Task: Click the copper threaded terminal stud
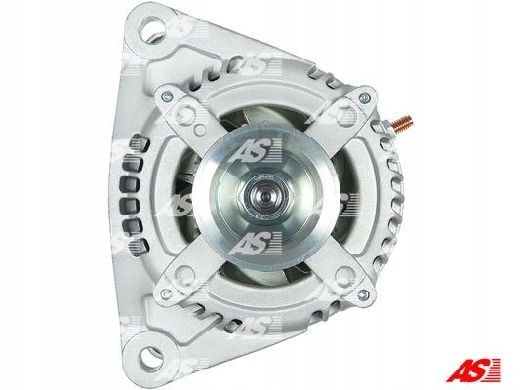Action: click(x=402, y=123)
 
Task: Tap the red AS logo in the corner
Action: click(x=473, y=370)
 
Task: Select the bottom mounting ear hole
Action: click(x=152, y=358)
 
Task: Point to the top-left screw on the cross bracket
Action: click(x=167, y=97)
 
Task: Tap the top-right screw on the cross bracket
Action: click(x=365, y=97)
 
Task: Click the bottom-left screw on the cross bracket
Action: click(x=166, y=293)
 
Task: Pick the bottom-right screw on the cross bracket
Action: click(x=364, y=294)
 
